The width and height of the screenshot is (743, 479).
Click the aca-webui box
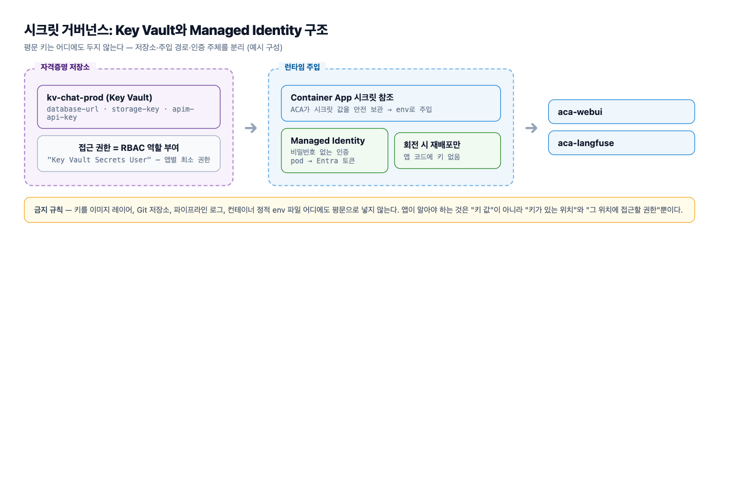pyautogui.click(x=621, y=112)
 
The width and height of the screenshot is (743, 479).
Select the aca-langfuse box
pyautogui.click(x=621, y=143)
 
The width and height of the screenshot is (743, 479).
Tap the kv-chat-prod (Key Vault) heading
pyautogui.click(x=100, y=97)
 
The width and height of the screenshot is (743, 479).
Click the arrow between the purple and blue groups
pyautogui.click(x=251, y=128)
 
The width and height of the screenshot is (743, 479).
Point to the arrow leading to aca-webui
pyautogui.click(x=531, y=128)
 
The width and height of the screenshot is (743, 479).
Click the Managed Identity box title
pyautogui.click(x=328, y=140)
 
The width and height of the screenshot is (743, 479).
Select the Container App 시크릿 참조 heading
pyautogui.click(x=342, y=97)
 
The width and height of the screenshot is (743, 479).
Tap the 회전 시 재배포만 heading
pyautogui.click(x=432, y=145)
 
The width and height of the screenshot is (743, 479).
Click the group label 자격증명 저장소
pyautogui.click(x=65, y=67)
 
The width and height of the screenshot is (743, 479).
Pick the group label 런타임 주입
pyautogui.click(x=302, y=67)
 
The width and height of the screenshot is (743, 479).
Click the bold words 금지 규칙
pyautogui.click(x=48, y=210)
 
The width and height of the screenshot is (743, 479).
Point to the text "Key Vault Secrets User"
pyautogui.click(x=99, y=160)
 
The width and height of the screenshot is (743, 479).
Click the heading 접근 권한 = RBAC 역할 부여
pyautogui.click(x=128, y=148)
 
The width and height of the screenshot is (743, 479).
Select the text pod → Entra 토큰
pyautogui.click(x=323, y=161)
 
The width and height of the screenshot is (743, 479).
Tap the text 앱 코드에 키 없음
pyautogui.click(x=432, y=157)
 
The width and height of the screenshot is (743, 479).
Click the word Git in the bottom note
pyautogui.click(x=141, y=210)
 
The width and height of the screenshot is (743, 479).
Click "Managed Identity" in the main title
pyautogui.click(x=246, y=30)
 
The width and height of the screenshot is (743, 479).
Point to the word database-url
pyautogui.click(x=73, y=109)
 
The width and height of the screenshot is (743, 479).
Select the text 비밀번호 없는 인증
pyautogui.click(x=320, y=152)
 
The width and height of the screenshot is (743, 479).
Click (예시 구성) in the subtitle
pyautogui.click(x=265, y=47)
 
